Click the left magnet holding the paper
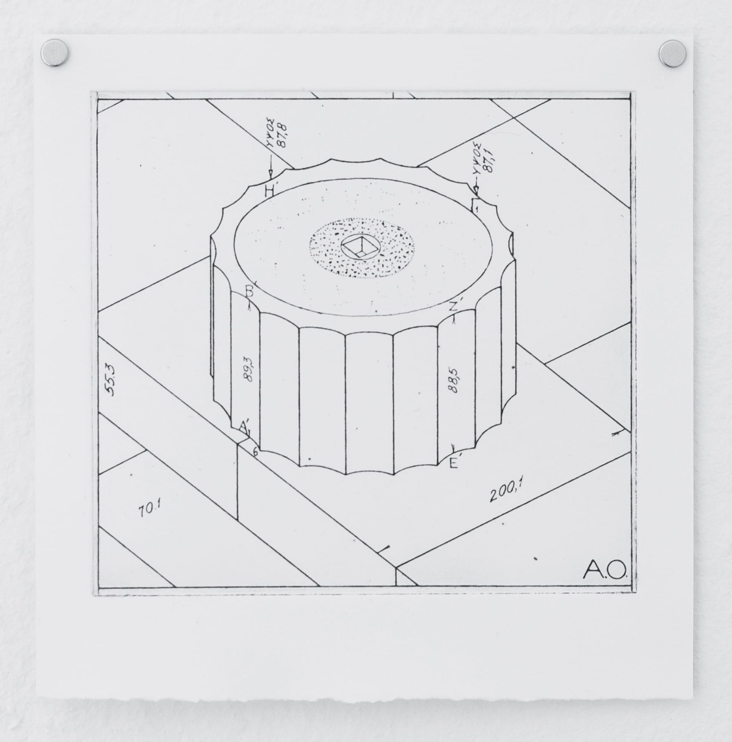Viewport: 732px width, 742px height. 55,53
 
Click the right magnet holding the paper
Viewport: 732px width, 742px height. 672,54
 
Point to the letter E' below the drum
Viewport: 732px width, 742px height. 454,464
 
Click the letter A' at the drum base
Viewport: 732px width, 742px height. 244,426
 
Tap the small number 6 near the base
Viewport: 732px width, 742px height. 256,452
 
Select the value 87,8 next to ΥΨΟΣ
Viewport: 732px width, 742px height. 284,132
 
